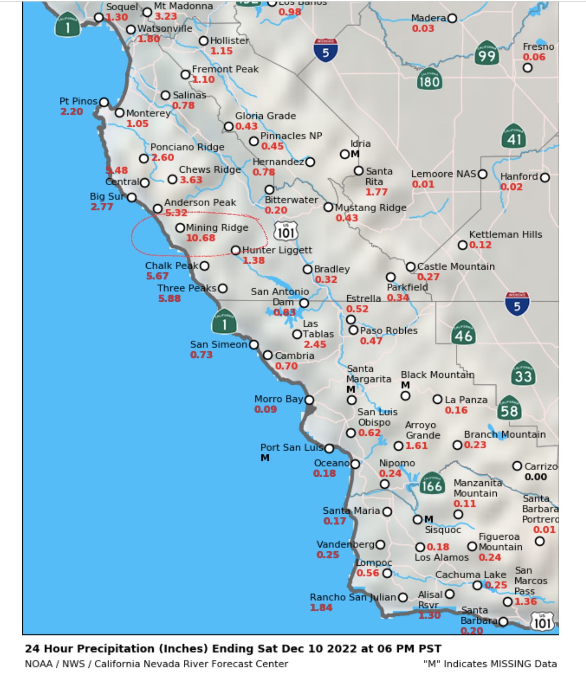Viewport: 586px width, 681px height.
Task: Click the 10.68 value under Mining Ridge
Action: point(201,238)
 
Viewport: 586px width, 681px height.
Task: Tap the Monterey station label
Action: point(148,113)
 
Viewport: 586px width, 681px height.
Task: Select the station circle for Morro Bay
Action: point(309,400)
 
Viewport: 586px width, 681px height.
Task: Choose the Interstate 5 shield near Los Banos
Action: point(325,50)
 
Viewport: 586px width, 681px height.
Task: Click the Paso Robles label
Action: point(389,330)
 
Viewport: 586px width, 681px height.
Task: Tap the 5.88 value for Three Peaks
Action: point(169,298)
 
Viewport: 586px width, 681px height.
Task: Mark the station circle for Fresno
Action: point(528,68)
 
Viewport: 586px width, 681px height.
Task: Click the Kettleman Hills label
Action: point(505,235)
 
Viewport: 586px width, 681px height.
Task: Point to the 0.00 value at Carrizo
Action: point(536,477)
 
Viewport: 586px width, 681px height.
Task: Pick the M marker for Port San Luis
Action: point(265,458)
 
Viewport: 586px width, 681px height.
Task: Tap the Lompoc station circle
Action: point(387,573)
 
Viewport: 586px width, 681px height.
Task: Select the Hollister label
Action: point(229,40)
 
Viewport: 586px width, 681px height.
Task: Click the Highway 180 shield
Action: point(429,79)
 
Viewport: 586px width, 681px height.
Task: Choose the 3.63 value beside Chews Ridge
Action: point(191,180)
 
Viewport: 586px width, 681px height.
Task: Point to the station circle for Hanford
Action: point(545,178)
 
